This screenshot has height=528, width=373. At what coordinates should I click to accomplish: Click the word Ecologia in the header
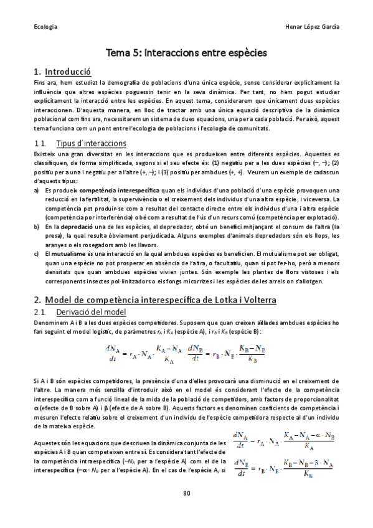tap(45, 27)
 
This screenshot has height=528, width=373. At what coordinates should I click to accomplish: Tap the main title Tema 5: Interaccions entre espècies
tap(186, 54)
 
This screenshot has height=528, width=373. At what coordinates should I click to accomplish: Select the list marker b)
tap(37, 227)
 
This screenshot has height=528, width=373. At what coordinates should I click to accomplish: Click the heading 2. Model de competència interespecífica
tap(155, 299)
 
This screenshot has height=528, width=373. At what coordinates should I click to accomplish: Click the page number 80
tap(186, 493)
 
